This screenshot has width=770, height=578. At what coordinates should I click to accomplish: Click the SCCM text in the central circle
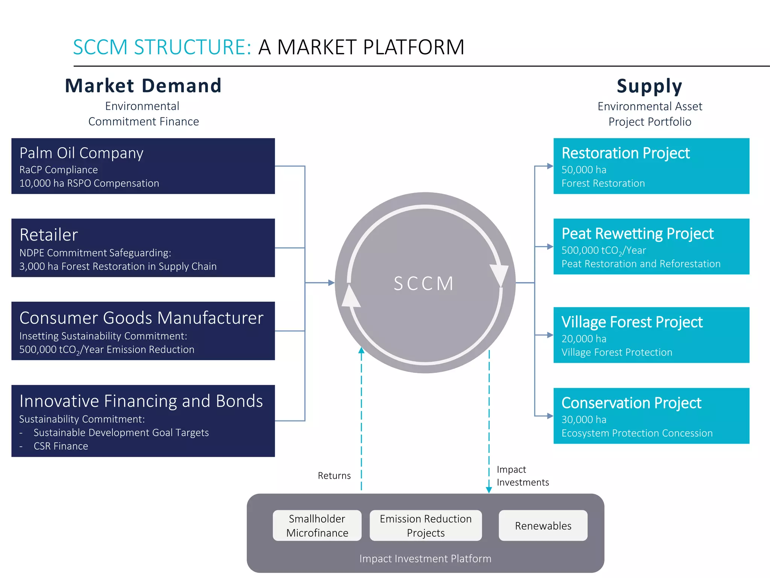424,283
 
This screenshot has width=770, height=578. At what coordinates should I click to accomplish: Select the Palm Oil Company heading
81,153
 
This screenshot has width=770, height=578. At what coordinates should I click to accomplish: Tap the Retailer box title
49,235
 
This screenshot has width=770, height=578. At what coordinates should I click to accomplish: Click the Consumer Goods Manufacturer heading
141,318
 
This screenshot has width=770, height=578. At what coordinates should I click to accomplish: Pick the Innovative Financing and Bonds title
141,401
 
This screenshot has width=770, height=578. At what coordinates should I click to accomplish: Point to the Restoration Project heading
626,153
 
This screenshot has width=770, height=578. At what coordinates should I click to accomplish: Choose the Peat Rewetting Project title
637,234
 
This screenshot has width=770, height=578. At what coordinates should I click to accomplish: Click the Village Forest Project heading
632,322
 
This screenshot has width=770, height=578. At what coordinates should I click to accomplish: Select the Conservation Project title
631,403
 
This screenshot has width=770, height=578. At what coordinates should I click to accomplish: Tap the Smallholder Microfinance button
317,526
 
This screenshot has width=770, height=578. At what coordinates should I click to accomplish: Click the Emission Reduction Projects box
426,526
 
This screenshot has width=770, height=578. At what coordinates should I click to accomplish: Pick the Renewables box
543,526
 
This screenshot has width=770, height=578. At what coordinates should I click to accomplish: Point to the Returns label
334,476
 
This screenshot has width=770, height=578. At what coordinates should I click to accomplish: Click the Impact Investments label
522,476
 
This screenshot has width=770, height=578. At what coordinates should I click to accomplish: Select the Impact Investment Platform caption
425,559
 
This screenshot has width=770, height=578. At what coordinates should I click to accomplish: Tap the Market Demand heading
143,86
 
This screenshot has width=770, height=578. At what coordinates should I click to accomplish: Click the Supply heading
649,86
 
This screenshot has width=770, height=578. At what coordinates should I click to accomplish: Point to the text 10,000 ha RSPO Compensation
89,183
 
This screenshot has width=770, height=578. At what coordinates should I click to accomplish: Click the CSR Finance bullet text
61,446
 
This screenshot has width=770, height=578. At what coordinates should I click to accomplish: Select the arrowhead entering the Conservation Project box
550,416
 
